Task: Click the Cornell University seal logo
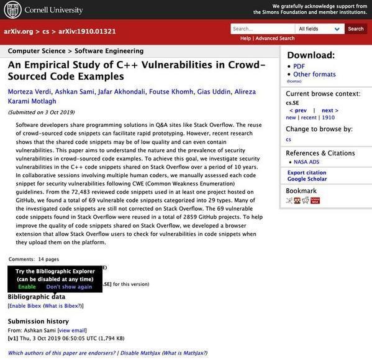coord(12,9)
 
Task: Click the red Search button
coord(356,29)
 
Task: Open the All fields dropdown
coord(320,29)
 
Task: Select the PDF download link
coord(299,66)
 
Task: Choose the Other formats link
coord(314,75)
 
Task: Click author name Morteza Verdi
coord(29,92)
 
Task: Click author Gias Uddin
coord(213,92)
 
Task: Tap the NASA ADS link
coord(306,162)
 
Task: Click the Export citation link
coord(306,172)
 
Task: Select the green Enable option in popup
coord(27,287)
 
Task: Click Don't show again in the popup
coord(69,287)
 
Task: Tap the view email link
coord(72,330)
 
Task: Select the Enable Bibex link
coord(25,306)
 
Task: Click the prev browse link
coord(299,110)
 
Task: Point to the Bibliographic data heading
coord(36,297)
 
